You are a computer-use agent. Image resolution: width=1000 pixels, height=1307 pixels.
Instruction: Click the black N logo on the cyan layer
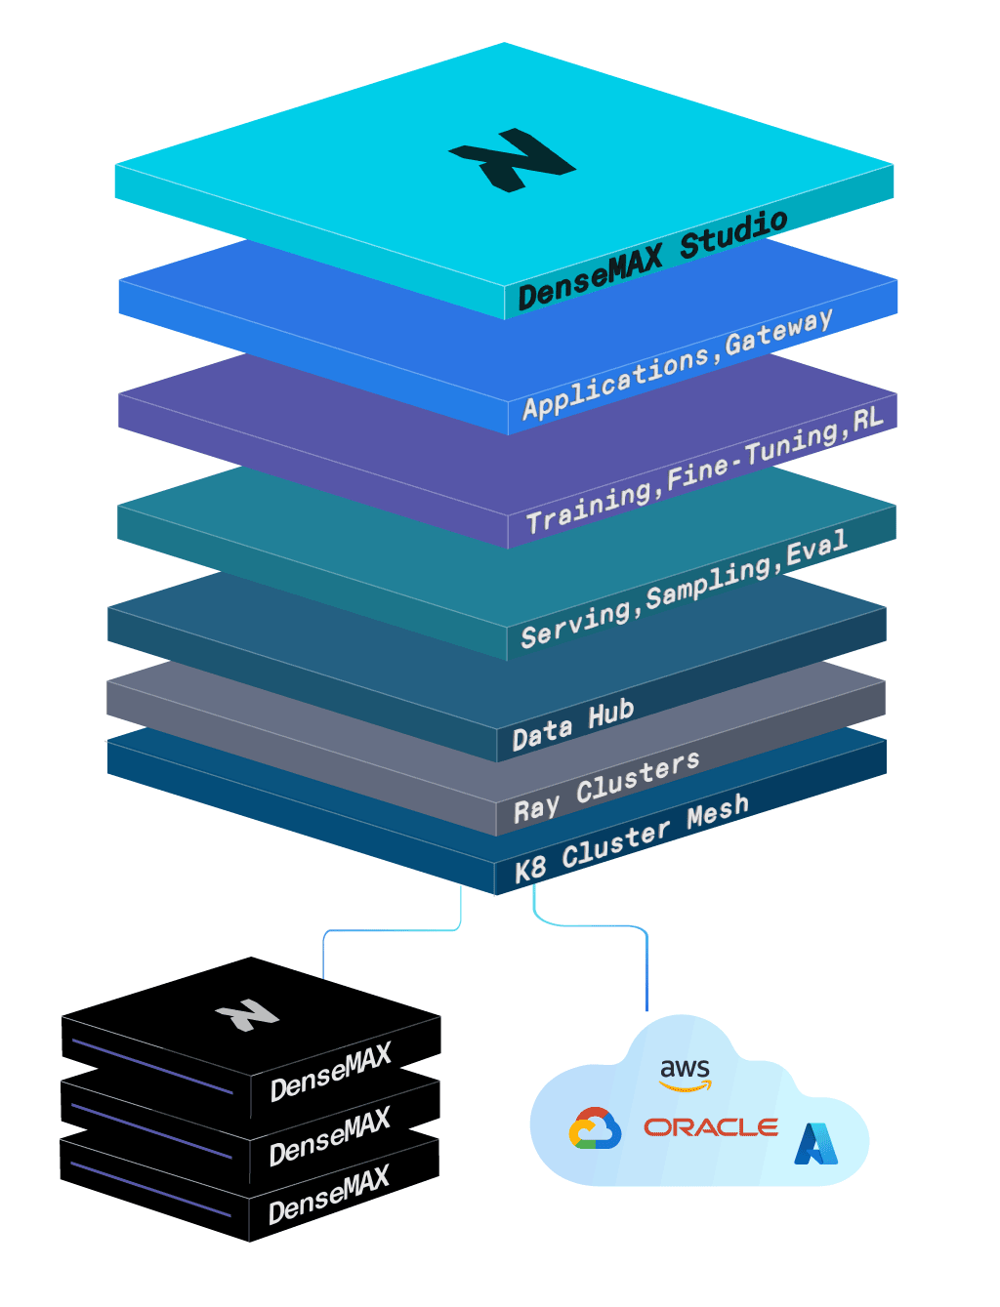(512, 160)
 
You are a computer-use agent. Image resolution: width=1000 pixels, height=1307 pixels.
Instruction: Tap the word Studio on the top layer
(733, 234)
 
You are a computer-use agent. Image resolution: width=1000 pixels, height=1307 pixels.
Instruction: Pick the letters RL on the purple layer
(867, 421)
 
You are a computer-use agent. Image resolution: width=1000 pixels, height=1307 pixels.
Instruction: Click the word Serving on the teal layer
(576, 624)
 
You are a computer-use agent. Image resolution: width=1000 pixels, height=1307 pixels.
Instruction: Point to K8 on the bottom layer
(530, 869)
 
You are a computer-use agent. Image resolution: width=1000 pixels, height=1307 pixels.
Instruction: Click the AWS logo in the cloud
(686, 1075)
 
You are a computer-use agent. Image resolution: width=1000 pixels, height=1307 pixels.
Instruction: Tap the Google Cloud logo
(595, 1128)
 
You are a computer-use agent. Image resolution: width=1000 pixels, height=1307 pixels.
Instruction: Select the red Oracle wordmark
(711, 1127)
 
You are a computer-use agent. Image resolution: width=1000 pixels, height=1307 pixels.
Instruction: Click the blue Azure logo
(815, 1144)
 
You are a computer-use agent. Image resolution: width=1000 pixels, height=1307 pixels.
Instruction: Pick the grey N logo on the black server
(247, 1015)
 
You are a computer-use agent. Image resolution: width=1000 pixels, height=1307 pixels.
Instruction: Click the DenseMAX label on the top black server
(330, 1072)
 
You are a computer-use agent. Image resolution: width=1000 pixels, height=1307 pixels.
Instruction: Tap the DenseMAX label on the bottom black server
(329, 1196)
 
